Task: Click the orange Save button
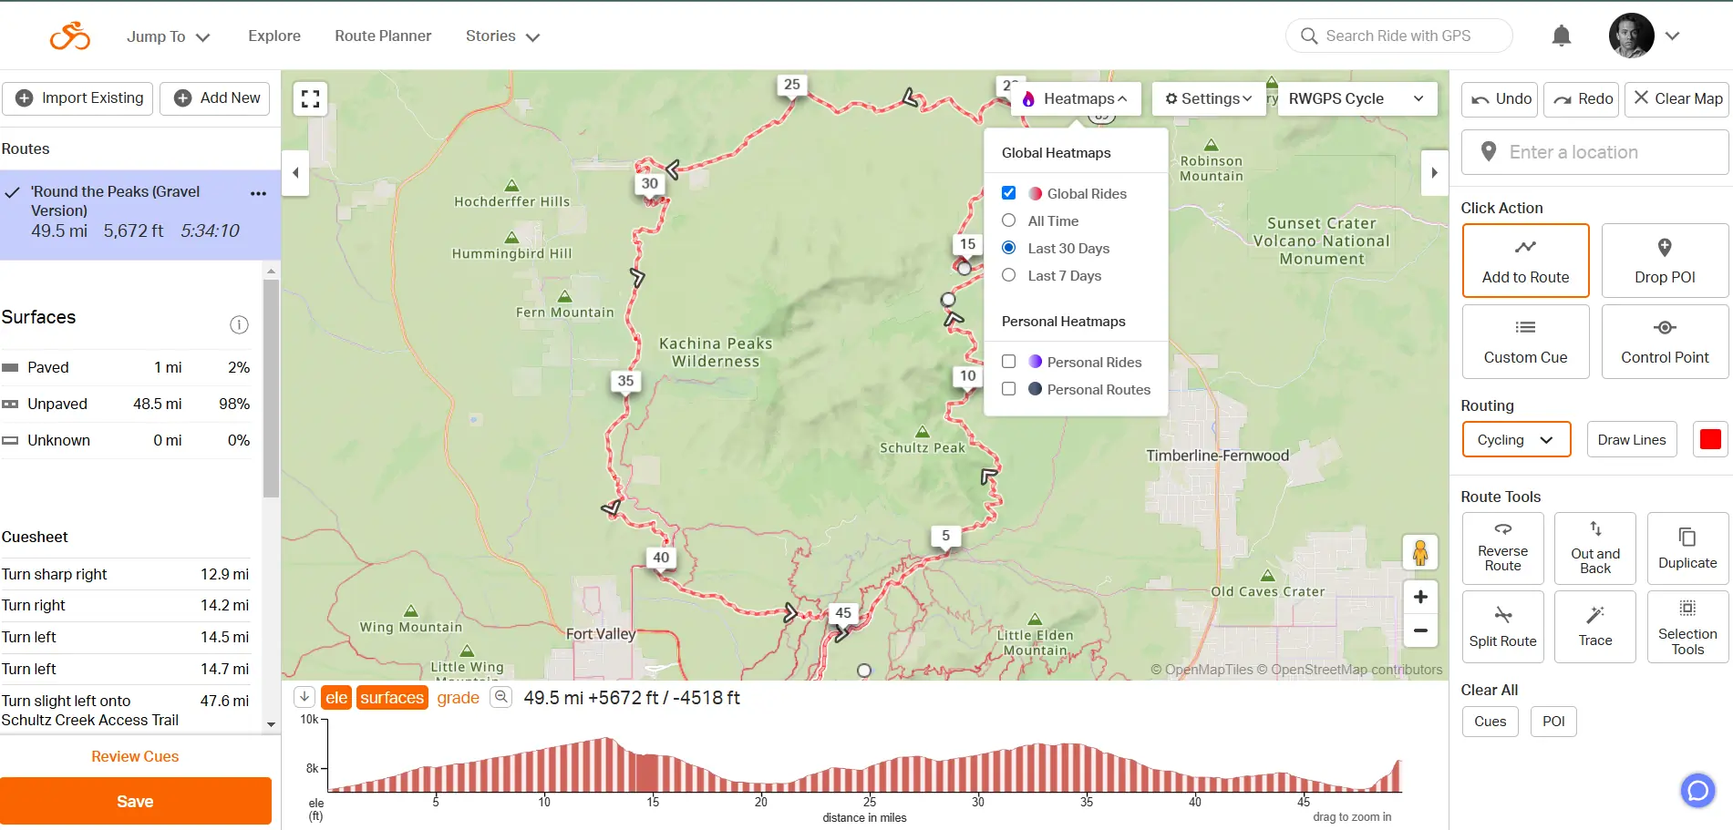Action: click(x=135, y=801)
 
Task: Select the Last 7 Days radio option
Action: click(x=1009, y=275)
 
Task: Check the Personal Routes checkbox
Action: click(x=1009, y=389)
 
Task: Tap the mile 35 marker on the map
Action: click(x=625, y=381)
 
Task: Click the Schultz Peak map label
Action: click(x=922, y=447)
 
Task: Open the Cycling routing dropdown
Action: click(x=1516, y=439)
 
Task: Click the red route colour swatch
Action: click(x=1710, y=439)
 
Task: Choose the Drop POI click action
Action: click(x=1665, y=261)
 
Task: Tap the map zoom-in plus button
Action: click(x=1420, y=597)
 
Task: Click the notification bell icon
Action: click(x=1562, y=36)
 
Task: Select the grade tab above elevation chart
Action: click(x=458, y=698)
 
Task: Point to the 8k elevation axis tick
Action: click(x=313, y=768)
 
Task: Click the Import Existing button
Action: click(x=80, y=98)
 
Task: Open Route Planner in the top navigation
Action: click(x=383, y=36)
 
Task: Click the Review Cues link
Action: click(x=135, y=756)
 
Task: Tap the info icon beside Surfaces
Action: click(x=239, y=325)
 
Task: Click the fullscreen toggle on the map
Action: click(x=310, y=98)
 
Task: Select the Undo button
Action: click(x=1501, y=98)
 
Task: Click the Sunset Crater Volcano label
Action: click(x=1321, y=241)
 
